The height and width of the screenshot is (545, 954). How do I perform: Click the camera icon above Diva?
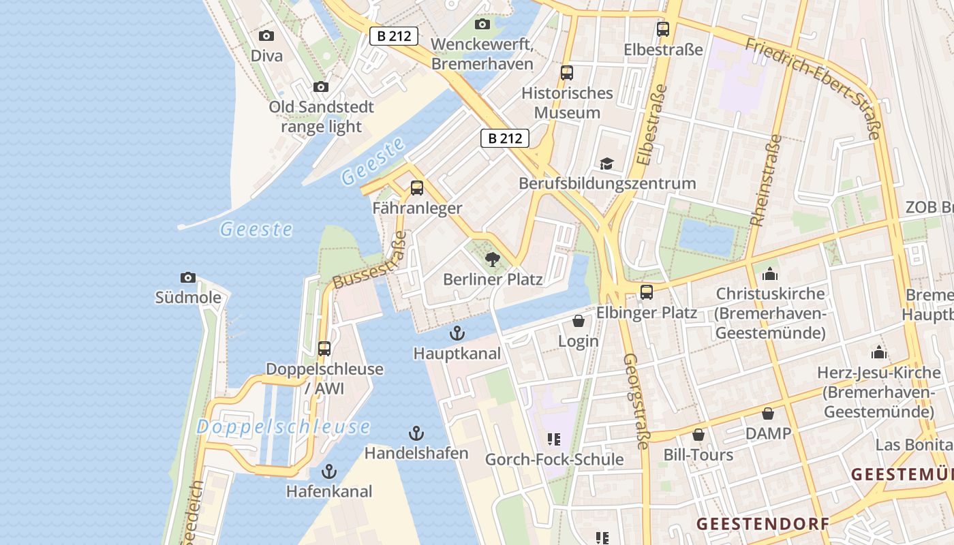click(x=266, y=36)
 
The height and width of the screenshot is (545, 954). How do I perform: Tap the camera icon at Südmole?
click(x=188, y=277)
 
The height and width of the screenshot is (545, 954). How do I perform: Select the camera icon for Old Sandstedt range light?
click(x=320, y=87)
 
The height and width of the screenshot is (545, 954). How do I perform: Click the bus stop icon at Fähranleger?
click(x=417, y=188)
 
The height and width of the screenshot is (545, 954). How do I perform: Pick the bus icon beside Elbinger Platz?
click(x=646, y=292)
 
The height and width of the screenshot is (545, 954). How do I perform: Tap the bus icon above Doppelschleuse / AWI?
click(x=324, y=349)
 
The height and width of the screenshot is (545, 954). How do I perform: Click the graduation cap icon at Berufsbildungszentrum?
click(x=606, y=163)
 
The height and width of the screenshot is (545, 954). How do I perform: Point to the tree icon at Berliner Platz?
click(x=492, y=260)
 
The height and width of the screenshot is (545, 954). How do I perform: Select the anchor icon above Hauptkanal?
click(x=457, y=333)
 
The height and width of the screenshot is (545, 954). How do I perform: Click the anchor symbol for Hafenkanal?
click(x=329, y=471)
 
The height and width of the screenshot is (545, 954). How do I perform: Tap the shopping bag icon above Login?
click(x=579, y=321)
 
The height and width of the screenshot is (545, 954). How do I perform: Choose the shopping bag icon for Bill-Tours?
click(x=698, y=435)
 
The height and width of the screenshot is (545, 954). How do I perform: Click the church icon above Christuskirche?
click(x=771, y=274)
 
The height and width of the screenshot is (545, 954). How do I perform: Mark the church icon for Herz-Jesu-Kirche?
click(x=879, y=353)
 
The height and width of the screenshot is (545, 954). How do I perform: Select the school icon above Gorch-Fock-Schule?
click(x=553, y=439)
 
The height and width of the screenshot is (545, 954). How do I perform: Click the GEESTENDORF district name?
click(x=763, y=524)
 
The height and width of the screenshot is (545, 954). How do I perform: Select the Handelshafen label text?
click(x=416, y=453)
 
